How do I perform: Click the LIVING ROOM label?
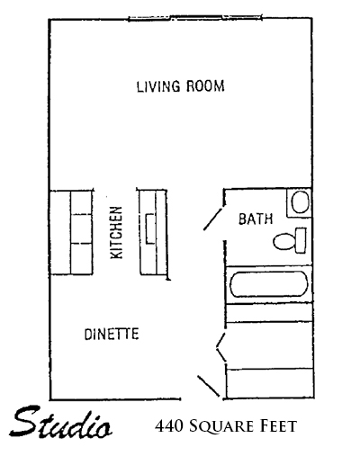point(181,86)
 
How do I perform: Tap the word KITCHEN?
point(116,233)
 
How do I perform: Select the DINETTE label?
point(112,335)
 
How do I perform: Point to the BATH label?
point(256,219)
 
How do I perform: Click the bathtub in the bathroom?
point(269,284)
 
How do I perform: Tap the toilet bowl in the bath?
point(284,242)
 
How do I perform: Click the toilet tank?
point(301,240)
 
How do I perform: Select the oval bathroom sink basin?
point(301,202)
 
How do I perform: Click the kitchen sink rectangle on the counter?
point(150,228)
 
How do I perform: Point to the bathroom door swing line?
point(213,219)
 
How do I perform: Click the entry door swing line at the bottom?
point(209,386)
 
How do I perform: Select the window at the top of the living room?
point(195,18)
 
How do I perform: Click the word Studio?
point(61,422)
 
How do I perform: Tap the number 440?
point(168,426)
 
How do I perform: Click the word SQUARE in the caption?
point(220,426)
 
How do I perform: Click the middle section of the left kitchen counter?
point(82,228)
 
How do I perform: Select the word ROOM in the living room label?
point(205,86)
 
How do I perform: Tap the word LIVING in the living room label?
point(158,86)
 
